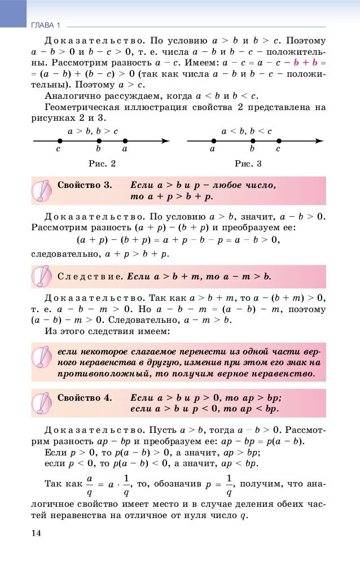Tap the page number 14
[36, 532]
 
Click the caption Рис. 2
[102, 164]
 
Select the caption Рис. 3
[248, 164]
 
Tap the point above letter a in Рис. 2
[125, 141]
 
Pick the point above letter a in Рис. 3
[213, 141]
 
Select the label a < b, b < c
[247, 131]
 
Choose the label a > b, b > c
[93, 131]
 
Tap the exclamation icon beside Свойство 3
[41, 191]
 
